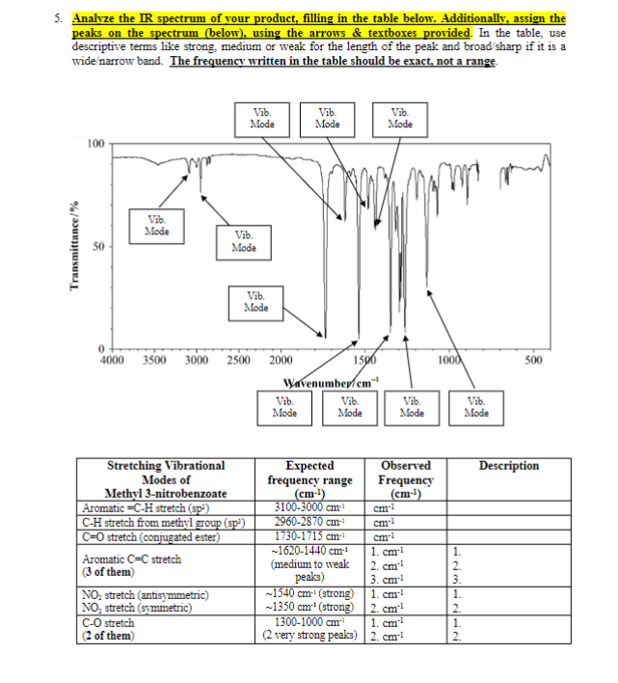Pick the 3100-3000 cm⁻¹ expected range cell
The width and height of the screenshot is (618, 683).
310,507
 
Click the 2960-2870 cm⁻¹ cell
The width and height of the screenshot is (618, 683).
310,521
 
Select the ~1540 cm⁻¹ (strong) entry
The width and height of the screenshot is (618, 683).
310,595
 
